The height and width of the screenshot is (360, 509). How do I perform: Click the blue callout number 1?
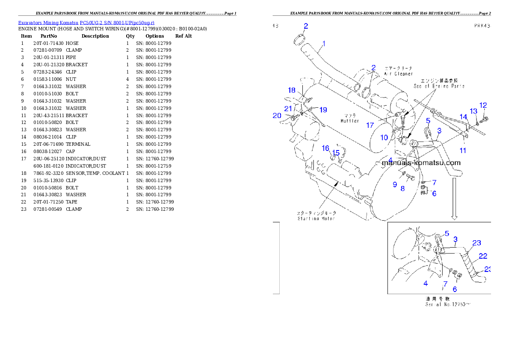[x=324, y=43]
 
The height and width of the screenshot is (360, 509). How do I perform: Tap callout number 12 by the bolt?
[x=483, y=105]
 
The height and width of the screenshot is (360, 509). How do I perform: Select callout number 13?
[x=473, y=111]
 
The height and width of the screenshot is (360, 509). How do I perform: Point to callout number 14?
[x=464, y=117]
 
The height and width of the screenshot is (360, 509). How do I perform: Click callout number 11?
[x=463, y=150]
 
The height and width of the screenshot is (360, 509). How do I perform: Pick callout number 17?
[x=370, y=125]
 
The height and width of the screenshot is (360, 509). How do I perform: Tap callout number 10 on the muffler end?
[x=385, y=137]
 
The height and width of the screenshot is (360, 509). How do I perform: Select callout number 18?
[x=291, y=90]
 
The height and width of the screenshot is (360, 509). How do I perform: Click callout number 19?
[x=323, y=110]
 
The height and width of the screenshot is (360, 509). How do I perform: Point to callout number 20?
[x=278, y=115]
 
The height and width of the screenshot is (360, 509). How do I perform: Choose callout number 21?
[x=288, y=109]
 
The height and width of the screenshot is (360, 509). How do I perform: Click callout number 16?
[x=326, y=148]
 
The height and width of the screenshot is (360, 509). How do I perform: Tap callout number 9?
[x=395, y=184]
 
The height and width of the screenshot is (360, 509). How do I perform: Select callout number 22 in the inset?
[x=483, y=256]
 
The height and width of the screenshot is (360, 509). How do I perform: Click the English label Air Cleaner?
[x=398, y=74]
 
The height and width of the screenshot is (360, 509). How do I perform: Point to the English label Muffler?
[x=350, y=121]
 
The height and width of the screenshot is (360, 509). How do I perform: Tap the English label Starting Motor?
[x=316, y=218]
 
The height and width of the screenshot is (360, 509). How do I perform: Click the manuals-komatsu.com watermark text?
[x=421, y=162]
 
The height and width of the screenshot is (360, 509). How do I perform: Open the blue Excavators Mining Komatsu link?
[x=86, y=22]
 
